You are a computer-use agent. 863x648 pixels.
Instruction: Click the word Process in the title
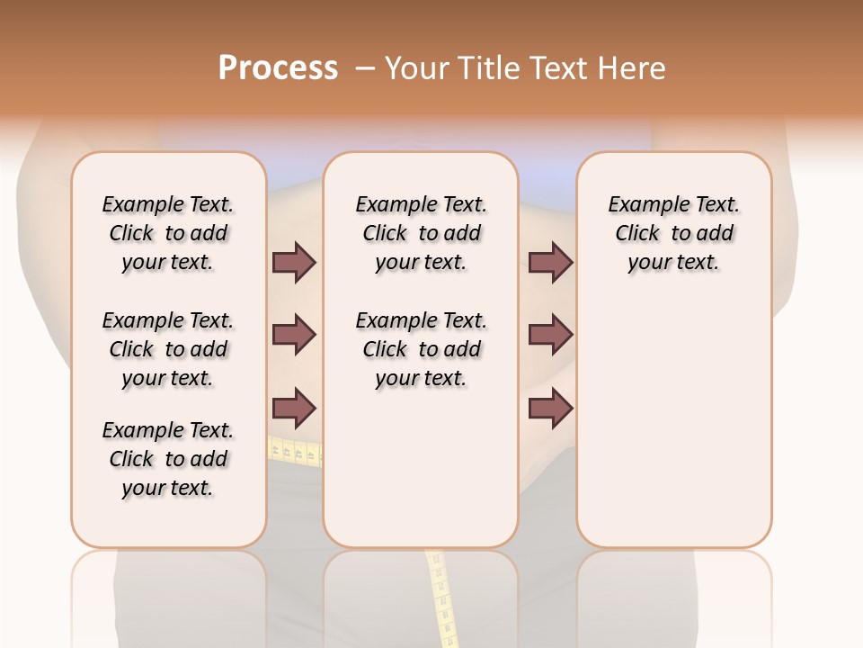[278, 67]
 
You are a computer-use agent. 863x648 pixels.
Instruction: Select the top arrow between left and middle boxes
[294, 263]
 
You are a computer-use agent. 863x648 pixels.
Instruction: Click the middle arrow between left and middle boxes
[294, 335]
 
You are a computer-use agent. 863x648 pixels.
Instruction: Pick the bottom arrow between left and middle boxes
[294, 409]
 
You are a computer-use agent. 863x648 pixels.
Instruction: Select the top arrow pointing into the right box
[550, 263]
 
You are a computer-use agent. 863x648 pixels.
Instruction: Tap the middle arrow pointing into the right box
[550, 335]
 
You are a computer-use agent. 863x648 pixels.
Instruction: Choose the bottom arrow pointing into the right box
[550, 409]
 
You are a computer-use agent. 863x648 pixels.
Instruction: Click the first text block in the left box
[168, 233]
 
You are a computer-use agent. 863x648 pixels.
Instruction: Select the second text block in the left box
[168, 349]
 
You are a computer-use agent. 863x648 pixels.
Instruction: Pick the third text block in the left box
[168, 459]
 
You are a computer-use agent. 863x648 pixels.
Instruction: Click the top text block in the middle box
[421, 233]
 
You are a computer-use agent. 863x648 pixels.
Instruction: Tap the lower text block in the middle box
[421, 349]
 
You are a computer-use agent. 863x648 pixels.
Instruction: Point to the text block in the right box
[673, 233]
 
